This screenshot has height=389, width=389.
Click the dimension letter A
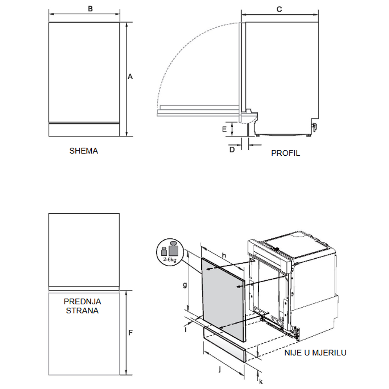click(x=130, y=77)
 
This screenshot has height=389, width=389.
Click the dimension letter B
click(x=90, y=9)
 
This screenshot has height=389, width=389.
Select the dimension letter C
click(x=279, y=10)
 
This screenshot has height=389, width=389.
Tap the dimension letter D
click(x=232, y=150)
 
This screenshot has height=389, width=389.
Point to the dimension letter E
click(x=224, y=129)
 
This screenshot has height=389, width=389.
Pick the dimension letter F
click(x=131, y=333)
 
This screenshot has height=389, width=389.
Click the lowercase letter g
click(x=185, y=285)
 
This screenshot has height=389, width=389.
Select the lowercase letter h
click(x=224, y=255)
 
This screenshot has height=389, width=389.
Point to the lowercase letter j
click(x=219, y=370)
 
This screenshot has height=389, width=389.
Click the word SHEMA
click(x=84, y=151)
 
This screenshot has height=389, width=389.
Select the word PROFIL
click(x=286, y=153)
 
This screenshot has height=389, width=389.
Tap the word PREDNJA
click(x=82, y=302)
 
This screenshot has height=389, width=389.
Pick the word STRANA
click(x=82, y=311)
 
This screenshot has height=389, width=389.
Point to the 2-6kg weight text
click(x=170, y=260)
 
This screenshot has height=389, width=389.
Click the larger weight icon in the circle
click(x=173, y=248)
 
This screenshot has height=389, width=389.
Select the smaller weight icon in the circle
click(x=164, y=251)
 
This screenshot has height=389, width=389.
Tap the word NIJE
click(x=293, y=353)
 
